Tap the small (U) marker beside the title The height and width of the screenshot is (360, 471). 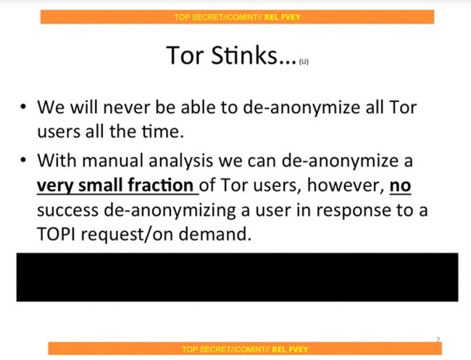click(304, 62)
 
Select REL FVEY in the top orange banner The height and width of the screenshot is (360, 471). click(283, 17)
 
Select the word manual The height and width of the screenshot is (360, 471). click(112, 160)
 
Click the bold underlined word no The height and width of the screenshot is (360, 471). click(400, 185)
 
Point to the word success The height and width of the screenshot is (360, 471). click(67, 211)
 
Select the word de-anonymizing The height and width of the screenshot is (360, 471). click(170, 211)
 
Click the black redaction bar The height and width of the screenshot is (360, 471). click(237, 277)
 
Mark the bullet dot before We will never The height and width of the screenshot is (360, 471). click(23, 107)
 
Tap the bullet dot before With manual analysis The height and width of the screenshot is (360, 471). click(23, 160)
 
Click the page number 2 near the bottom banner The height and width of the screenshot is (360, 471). click(438, 340)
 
